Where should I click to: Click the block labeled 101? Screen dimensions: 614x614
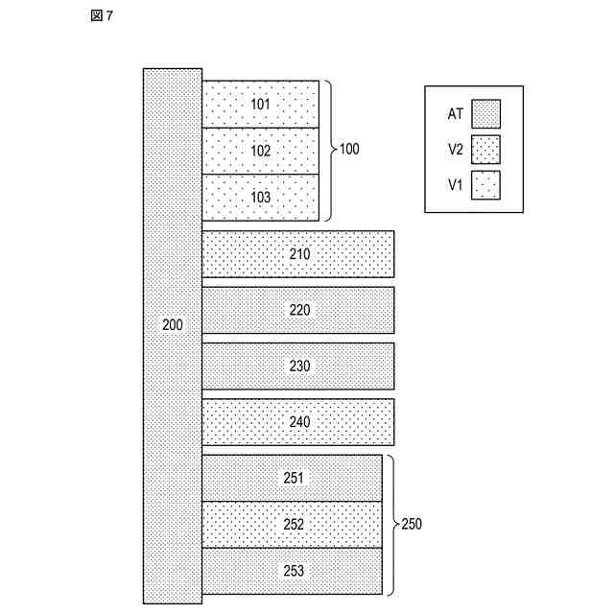[260, 104]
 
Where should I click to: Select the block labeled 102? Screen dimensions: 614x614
[260, 151]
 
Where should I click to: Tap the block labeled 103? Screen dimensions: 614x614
[260, 198]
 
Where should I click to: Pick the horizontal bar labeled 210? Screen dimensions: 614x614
[297, 254]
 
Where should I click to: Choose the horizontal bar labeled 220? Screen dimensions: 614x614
[297, 310]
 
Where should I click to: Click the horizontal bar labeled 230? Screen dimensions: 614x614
[297, 366]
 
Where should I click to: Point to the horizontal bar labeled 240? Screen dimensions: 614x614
[297, 421]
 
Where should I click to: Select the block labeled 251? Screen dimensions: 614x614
[292, 478]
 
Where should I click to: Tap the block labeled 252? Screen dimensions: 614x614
[292, 525]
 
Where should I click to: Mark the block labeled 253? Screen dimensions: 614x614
[292, 572]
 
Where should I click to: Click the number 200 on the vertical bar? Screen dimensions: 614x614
[173, 325]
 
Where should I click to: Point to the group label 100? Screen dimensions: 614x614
[349, 151]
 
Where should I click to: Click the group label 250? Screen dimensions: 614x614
[411, 525]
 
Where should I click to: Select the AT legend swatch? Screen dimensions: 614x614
[486, 114]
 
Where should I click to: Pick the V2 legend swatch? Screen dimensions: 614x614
[486, 150]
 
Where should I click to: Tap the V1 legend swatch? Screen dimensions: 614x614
[486, 184]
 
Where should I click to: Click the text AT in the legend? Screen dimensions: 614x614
[456, 114]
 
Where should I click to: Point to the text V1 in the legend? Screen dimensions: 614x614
[456, 184]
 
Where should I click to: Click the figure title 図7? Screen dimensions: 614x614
[103, 17]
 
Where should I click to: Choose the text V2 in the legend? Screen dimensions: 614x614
[456, 150]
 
